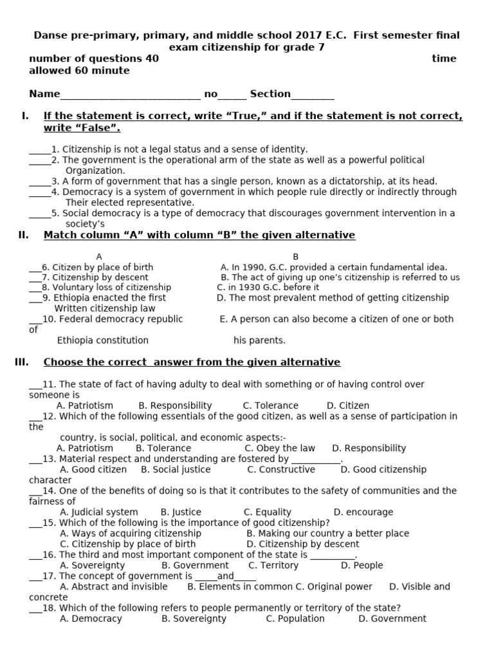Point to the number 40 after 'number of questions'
(x=152, y=59)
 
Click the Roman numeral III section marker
(x=21, y=362)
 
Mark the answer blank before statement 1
(x=39, y=150)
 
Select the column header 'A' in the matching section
(x=98, y=257)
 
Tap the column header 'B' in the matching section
(x=295, y=257)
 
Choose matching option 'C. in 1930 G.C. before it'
(x=268, y=288)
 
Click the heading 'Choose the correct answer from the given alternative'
(x=192, y=362)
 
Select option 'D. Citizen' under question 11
(x=347, y=405)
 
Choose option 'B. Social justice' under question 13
(x=176, y=469)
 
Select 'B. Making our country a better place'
(x=327, y=534)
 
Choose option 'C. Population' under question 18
(x=295, y=618)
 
